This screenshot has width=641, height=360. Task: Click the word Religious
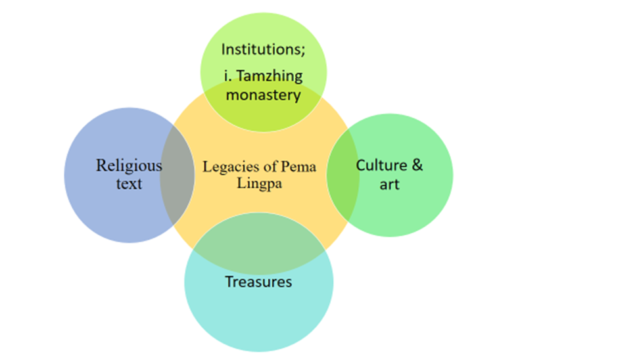tap(129, 165)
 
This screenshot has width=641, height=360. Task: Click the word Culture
tap(381, 165)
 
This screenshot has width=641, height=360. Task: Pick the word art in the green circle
tap(389, 184)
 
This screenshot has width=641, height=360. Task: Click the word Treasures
tap(258, 282)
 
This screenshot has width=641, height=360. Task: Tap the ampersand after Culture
tap(416, 165)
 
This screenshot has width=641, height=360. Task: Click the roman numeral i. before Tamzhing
tap(226, 76)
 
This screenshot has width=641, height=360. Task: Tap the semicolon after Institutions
tap(291, 50)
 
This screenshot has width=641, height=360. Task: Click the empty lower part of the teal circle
tap(258, 322)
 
